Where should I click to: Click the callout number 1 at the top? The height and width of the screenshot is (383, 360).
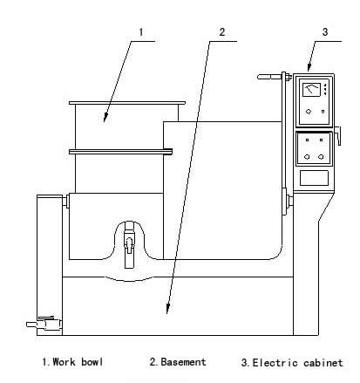(141, 32)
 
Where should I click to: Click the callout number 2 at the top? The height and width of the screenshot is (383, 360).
(222, 32)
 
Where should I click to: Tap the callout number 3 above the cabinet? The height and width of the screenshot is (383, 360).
(325, 31)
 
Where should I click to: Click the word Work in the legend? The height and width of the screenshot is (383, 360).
(65, 362)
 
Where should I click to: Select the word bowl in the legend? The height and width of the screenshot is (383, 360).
(92, 362)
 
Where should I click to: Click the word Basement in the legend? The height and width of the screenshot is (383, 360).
(183, 362)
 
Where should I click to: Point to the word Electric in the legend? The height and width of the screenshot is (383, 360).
(275, 363)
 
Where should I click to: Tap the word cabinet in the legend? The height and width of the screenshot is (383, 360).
(323, 363)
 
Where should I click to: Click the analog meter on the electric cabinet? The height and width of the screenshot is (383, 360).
(311, 90)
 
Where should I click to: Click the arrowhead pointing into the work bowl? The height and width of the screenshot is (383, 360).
(105, 118)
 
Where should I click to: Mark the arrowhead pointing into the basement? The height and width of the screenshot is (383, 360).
(167, 309)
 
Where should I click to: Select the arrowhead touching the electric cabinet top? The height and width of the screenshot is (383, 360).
(309, 67)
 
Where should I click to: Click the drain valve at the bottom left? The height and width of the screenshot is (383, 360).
(44, 324)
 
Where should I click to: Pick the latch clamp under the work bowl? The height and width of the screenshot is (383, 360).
(129, 244)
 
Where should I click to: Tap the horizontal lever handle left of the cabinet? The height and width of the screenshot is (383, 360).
(269, 77)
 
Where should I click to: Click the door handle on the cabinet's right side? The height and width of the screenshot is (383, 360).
(337, 135)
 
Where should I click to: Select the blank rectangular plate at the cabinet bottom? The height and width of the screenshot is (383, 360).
(314, 178)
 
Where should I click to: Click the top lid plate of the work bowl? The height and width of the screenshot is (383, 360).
(127, 103)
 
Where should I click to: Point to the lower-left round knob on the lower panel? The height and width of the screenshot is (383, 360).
(307, 157)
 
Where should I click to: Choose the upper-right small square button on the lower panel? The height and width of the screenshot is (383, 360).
(321, 140)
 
